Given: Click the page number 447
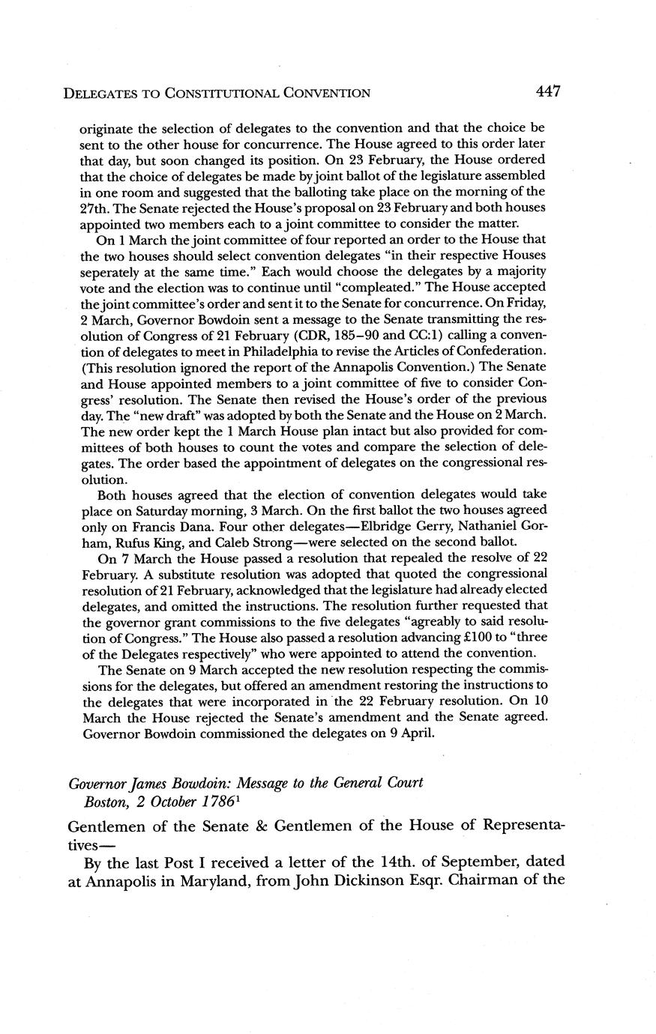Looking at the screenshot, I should (x=549, y=91).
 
